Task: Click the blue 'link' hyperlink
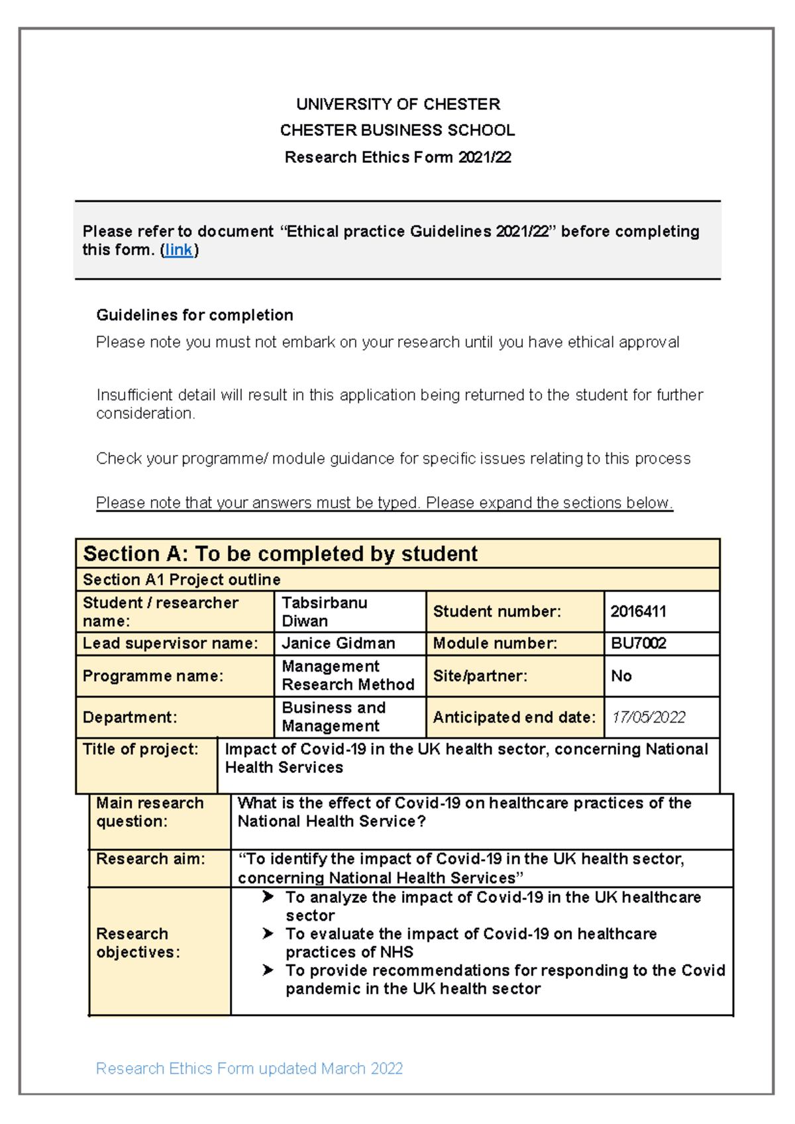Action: (179, 250)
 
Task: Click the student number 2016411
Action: (638, 611)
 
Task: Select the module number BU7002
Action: (638, 643)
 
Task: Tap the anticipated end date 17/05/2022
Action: (648, 717)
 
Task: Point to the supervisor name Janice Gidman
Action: (338, 643)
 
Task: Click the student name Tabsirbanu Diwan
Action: (324, 611)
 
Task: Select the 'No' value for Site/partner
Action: (621, 676)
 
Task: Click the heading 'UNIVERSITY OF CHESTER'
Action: (397, 104)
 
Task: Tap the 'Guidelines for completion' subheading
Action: (194, 315)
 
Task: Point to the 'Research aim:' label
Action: (150, 859)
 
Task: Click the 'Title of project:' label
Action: (140, 749)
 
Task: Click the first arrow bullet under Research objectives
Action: (268, 897)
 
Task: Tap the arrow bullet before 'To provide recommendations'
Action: (268, 970)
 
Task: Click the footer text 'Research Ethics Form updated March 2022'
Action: (249, 1068)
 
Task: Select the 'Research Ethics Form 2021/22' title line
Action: (397, 157)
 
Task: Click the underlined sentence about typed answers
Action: (384, 503)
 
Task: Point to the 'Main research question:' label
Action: (150, 812)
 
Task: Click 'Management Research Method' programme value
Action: (347, 675)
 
